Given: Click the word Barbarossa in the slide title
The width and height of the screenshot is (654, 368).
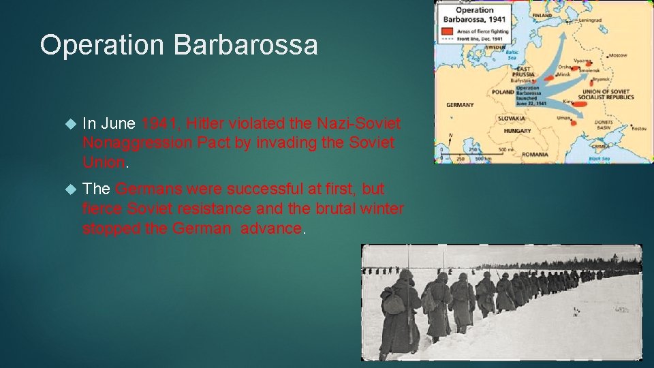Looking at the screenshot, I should [246, 45].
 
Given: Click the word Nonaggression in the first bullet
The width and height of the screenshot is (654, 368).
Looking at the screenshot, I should [136, 143].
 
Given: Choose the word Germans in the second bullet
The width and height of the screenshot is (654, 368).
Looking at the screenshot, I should [147, 189].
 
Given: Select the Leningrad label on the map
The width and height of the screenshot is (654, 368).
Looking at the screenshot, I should [591, 20].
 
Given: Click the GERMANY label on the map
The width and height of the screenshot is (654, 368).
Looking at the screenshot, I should [460, 105].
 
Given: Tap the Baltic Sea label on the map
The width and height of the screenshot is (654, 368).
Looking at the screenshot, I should [512, 55].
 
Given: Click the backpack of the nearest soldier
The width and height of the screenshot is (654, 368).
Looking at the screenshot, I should [393, 300].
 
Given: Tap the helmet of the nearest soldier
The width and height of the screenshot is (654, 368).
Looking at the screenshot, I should [405, 275].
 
